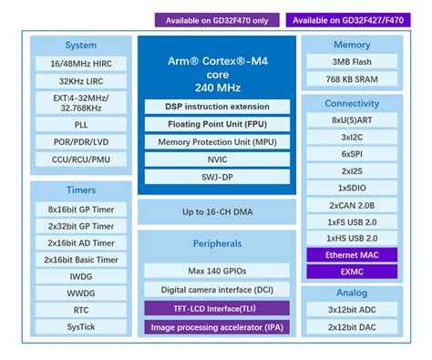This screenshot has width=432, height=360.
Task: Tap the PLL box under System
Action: click(x=80, y=121)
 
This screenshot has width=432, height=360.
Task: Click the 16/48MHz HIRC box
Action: click(x=80, y=64)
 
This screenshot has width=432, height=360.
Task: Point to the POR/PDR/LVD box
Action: click(x=80, y=140)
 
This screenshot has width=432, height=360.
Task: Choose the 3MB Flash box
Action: click(x=352, y=61)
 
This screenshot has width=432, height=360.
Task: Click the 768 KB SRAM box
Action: click(x=352, y=79)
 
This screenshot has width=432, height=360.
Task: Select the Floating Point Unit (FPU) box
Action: click(x=217, y=125)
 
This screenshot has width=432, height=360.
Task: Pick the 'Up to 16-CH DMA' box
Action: click(x=217, y=212)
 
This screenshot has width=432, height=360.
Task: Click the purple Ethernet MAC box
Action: click(x=352, y=254)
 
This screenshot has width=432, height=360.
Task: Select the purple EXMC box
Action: click(x=352, y=272)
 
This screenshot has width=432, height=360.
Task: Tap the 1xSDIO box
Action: click(x=352, y=186)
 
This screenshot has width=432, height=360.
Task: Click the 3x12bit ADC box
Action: click(x=352, y=310)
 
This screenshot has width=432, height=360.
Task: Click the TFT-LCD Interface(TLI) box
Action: click(x=217, y=308)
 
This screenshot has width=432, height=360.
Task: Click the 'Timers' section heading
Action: click(x=80, y=191)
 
